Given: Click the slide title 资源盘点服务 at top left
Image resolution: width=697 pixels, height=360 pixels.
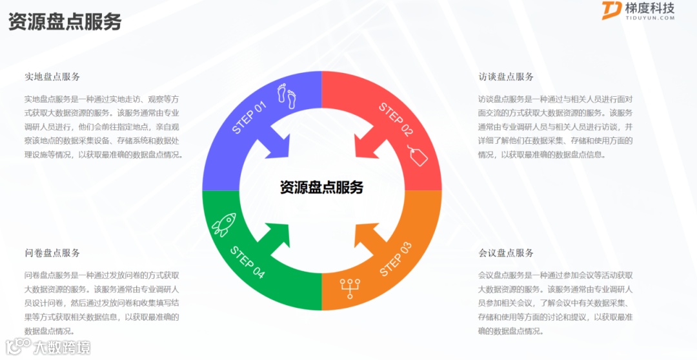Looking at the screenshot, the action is pyautogui.click(x=65, y=21).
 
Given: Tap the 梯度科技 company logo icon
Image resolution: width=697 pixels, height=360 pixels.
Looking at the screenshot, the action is pyautogui.click(x=611, y=11).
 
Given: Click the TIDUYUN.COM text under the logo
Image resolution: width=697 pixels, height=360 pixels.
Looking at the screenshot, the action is pyautogui.click(x=650, y=18).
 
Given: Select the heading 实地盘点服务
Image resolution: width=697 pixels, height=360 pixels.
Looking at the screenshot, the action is pyautogui.click(x=52, y=77).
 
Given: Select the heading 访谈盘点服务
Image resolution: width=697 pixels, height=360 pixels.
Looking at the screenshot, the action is pyautogui.click(x=506, y=77).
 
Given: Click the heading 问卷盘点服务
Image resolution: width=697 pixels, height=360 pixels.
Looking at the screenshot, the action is pyautogui.click(x=52, y=253).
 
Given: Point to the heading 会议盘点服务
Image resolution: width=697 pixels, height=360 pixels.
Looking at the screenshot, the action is pyautogui.click(x=506, y=253).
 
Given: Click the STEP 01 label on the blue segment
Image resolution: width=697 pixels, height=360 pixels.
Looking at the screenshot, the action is pyautogui.click(x=249, y=117).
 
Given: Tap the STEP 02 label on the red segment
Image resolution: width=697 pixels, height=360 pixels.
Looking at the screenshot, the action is pyautogui.click(x=395, y=119).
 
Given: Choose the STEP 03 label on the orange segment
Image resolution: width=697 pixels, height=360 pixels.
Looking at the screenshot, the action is pyautogui.click(x=395, y=259).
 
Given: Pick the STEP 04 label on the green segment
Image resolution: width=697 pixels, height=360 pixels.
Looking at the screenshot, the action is pyautogui.click(x=247, y=262).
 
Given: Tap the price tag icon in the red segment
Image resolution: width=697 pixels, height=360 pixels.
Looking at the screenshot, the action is pyautogui.click(x=418, y=155).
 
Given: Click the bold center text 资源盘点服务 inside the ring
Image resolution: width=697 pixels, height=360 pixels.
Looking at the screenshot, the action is pyautogui.click(x=321, y=188).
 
